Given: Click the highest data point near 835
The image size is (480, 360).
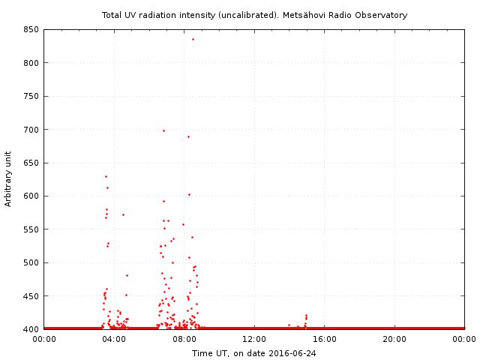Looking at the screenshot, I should (193, 39).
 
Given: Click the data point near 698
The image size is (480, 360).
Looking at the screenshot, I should (163, 130).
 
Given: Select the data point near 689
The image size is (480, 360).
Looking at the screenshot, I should (188, 136).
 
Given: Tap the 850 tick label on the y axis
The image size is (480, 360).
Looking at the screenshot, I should (31, 30).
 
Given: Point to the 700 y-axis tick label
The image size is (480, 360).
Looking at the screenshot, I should (31, 130).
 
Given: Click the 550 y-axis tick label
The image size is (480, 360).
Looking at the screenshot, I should (31, 229).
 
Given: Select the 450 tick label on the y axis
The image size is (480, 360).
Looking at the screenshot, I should (31, 296).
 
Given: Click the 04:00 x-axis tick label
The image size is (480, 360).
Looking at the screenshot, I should (114, 339).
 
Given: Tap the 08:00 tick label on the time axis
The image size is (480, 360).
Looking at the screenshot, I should (184, 339).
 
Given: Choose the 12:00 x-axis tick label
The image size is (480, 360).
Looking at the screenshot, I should (254, 339).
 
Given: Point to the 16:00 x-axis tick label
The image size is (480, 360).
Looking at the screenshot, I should (325, 339).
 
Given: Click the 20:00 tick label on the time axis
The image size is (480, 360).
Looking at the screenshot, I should (394, 339).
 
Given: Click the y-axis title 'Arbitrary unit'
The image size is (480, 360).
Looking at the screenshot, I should (9, 179).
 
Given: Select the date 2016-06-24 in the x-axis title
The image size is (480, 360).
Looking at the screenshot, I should (292, 352).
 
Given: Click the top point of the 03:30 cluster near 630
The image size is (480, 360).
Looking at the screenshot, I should (106, 176).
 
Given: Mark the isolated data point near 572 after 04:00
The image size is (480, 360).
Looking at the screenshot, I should (123, 214).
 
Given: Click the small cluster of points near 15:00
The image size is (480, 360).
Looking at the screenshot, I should (306, 318).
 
